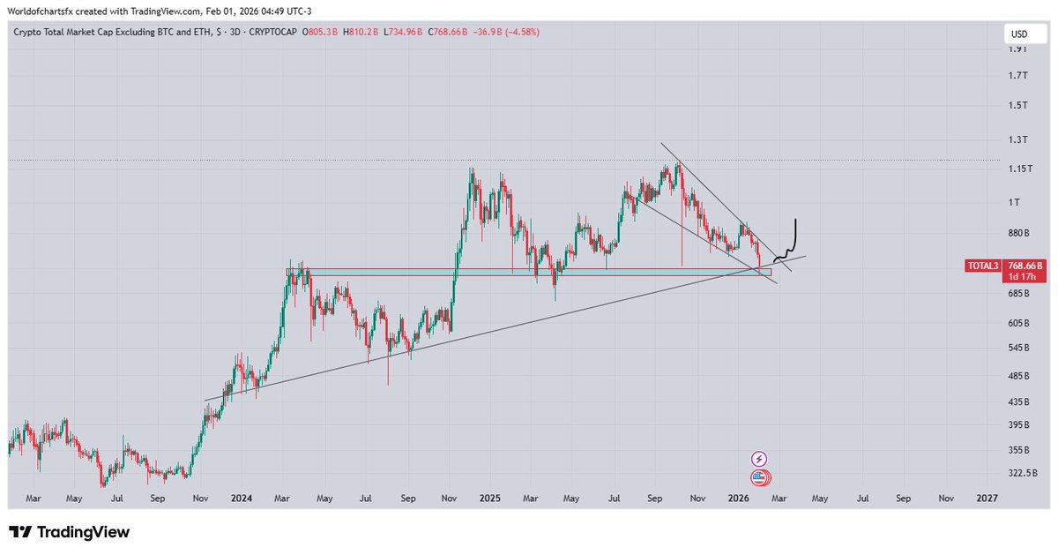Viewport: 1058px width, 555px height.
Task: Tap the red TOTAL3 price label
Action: click(983, 265)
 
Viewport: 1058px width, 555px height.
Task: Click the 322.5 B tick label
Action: click(1023, 474)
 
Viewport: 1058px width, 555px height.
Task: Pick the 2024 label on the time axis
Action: click(241, 498)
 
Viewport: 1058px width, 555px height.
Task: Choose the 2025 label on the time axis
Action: click(490, 498)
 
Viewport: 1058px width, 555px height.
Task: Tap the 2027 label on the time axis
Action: click(987, 498)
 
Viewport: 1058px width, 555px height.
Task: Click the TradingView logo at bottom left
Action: click(70, 532)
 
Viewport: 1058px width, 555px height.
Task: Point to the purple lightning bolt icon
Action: click(759, 459)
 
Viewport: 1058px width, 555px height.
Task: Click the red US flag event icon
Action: click(759, 478)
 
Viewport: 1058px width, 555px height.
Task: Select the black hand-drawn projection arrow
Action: click(791, 241)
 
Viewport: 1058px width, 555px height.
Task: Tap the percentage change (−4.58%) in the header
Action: click(518, 33)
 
